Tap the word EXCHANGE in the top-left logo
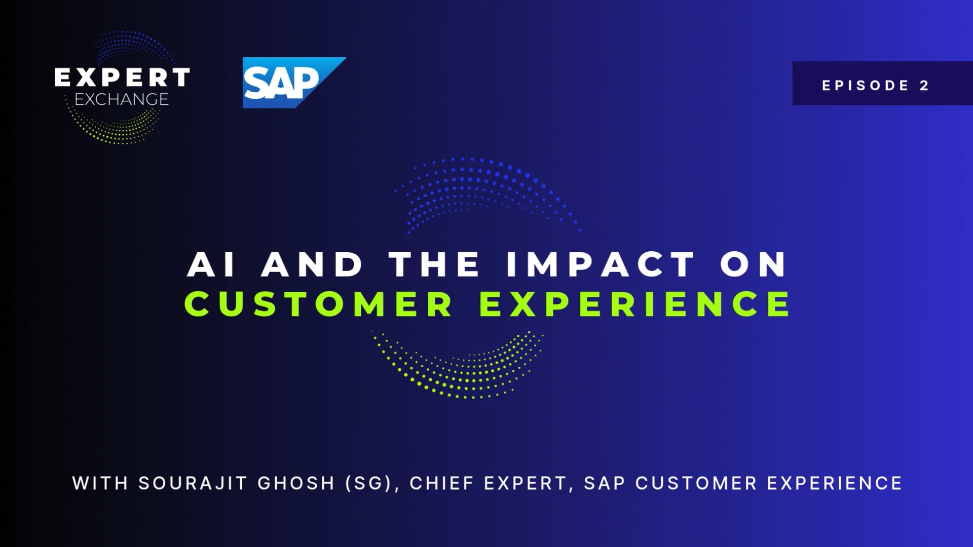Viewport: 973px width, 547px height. point(122,99)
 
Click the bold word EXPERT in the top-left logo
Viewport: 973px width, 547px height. point(122,77)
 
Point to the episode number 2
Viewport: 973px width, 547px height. point(924,86)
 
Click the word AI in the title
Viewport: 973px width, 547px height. point(211,264)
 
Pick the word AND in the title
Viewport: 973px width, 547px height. point(312,264)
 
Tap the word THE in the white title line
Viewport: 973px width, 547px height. point(434,264)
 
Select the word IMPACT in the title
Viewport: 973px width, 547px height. point(601,264)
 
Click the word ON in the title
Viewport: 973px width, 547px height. point(754,264)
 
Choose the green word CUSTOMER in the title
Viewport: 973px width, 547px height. point(318,304)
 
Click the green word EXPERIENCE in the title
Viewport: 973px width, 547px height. point(634,304)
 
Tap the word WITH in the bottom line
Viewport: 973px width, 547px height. point(100,483)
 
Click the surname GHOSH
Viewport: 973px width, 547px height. point(296,483)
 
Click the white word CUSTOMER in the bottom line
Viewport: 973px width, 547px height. point(696,483)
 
